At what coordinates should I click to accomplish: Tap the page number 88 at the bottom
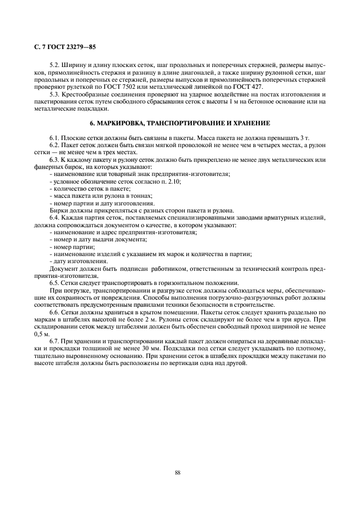point(178,472)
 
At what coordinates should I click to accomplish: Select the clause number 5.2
point(55,65)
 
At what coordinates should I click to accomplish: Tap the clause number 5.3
point(55,94)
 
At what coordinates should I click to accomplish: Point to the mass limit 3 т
point(304,138)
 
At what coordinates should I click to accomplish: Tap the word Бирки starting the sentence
point(59,210)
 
